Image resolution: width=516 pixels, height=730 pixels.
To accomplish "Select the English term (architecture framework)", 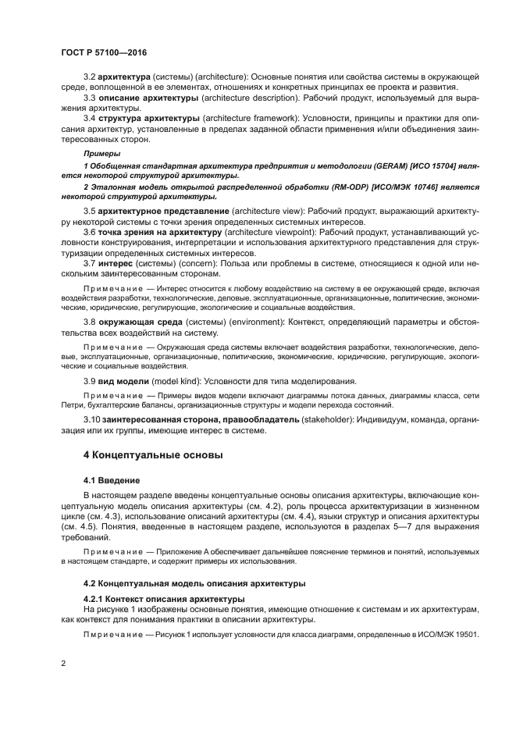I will (246, 117).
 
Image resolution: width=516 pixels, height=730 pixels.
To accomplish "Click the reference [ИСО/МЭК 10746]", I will (373, 189).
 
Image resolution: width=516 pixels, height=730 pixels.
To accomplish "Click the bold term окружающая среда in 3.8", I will (137, 321).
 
